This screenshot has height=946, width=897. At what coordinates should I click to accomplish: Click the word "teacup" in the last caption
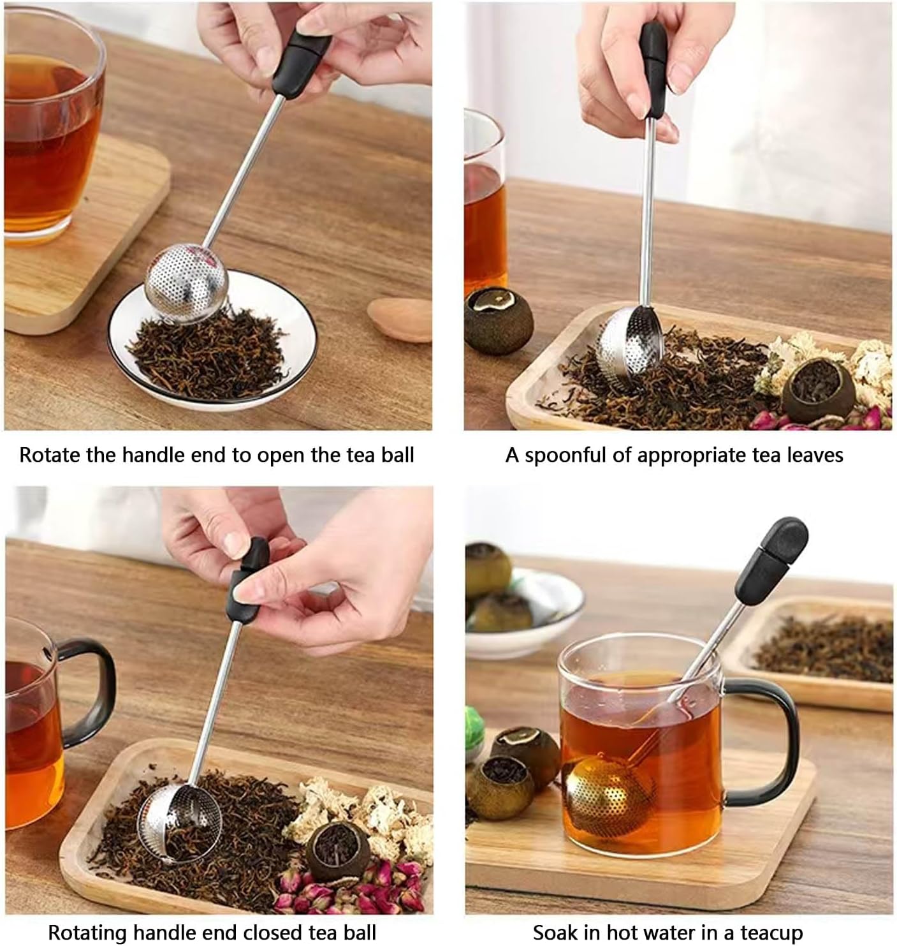[771, 932]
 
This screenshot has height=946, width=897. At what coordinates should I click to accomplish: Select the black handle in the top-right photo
[654, 70]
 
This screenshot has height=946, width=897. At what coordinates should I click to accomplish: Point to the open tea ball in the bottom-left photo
[180, 823]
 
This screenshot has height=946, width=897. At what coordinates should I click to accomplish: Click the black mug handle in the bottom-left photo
[89, 689]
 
